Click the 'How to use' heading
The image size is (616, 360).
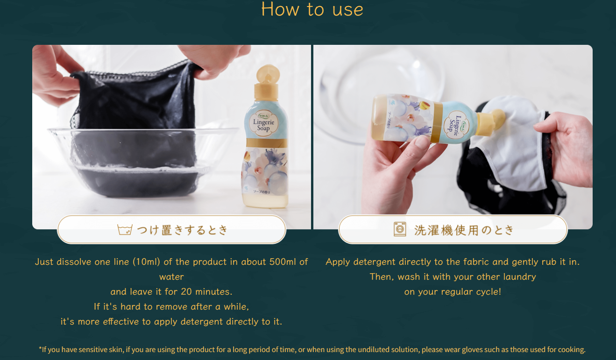(x=312, y=9)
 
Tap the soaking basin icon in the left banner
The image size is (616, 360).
(x=125, y=229)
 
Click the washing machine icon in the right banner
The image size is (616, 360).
(x=400, y=229)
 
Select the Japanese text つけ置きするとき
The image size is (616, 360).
(x=182, y=230)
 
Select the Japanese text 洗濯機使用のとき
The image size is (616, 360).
(x=464, y=230)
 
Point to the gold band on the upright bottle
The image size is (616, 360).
(x=267, y=143)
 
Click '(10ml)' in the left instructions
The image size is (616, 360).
(x=146, y=261)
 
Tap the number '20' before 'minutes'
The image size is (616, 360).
(x=186, y=291)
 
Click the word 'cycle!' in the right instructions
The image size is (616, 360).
(x=489, y=292)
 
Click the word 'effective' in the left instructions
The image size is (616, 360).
(x=121, y=322)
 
